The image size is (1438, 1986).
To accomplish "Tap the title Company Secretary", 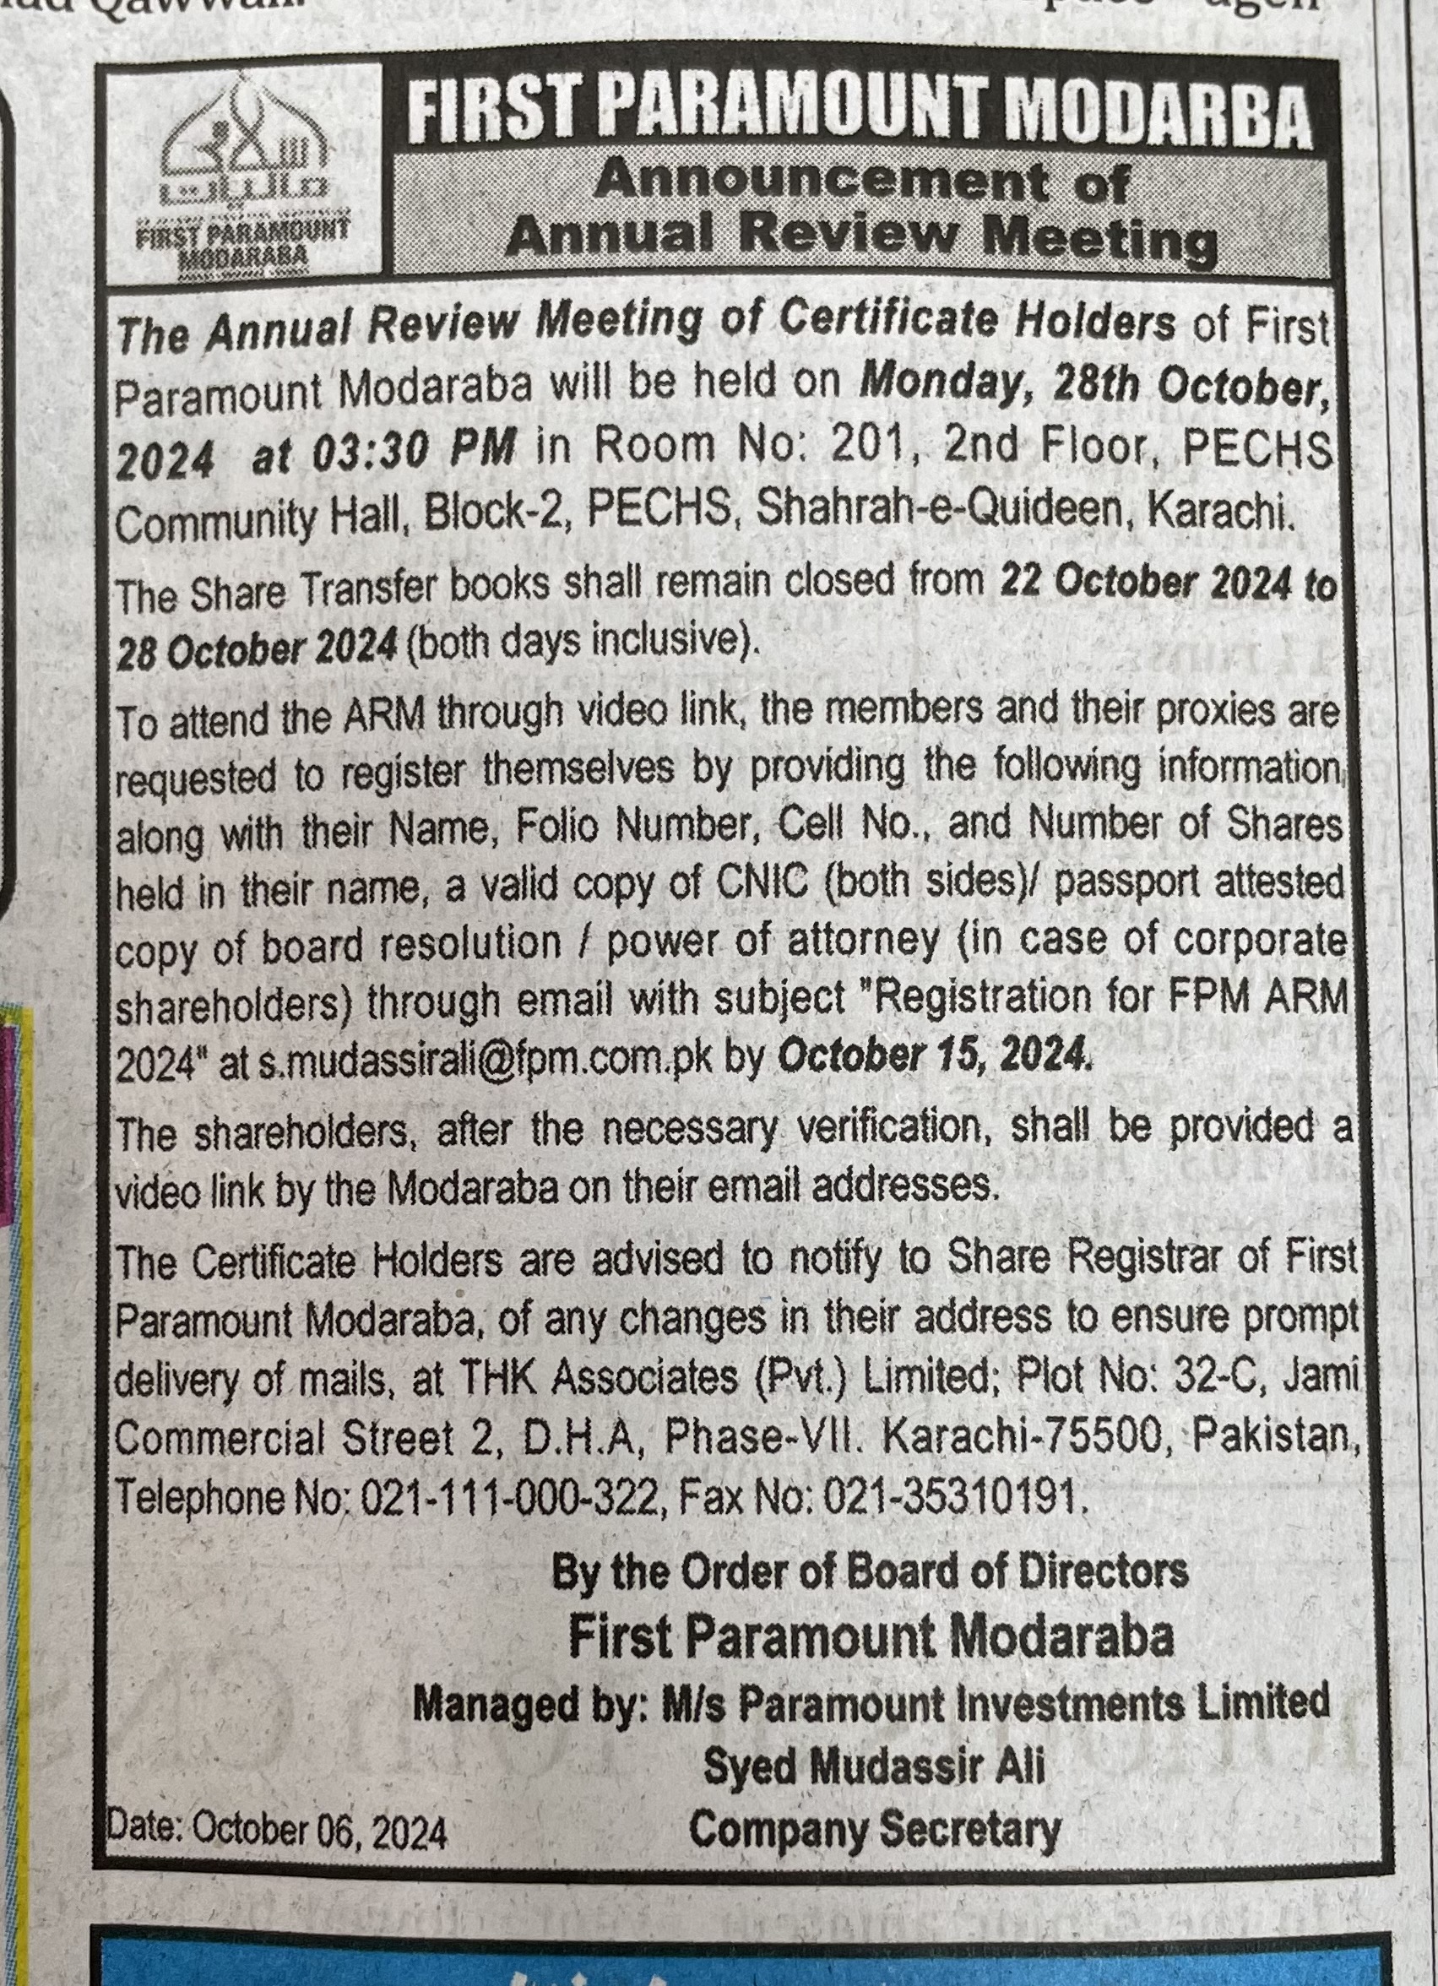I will coord(874,1830).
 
